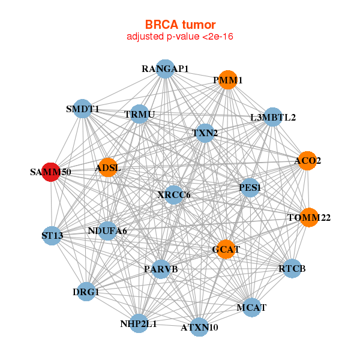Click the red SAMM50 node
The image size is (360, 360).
(51, 172)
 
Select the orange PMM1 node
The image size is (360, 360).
(227, 80)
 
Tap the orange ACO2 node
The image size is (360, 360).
(307, 161)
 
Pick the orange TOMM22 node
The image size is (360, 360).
(308, 217)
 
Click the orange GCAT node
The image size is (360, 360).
(226, 249)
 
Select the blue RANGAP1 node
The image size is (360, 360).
(165, 68)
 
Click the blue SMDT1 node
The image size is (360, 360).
(83, 109)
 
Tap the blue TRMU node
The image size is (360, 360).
(139, 114)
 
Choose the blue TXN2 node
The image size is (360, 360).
(205, 133)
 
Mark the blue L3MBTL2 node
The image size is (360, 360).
(272, 117)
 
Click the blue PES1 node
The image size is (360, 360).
(250, 187)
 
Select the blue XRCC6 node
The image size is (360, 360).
(173, 194)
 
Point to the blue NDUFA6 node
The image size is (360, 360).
(107, 230)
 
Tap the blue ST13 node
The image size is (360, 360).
(52, 236)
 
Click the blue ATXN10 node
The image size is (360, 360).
(200, 327)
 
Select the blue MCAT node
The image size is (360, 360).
(251, 308)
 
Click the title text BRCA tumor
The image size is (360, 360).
(180, 25)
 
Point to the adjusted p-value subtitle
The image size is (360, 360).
(180, 37)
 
